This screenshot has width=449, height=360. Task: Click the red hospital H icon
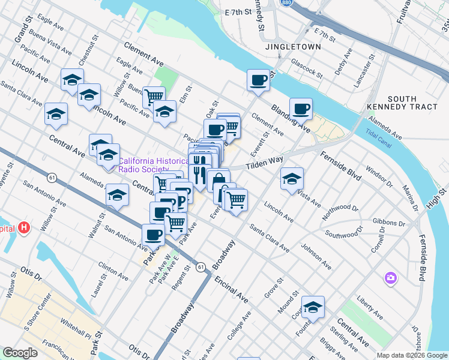(24, 228)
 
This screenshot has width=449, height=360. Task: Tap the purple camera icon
(391, 278)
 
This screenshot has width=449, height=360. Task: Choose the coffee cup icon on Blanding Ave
(301, 109)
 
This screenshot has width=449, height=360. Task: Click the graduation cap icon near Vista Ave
(292, 178)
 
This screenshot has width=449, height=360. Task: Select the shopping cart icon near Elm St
(154, 95)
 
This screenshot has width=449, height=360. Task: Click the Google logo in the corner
(20, 353)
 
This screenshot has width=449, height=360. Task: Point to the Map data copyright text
(411, 355)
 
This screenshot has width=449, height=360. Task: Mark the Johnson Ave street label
(316, 256)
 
